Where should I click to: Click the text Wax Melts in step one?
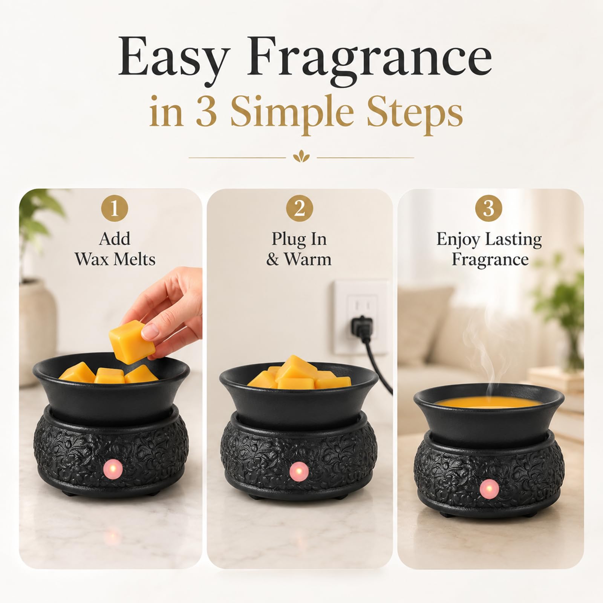coord(115,259)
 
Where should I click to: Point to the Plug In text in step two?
coord(299,239)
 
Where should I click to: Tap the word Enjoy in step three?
coord(459,240)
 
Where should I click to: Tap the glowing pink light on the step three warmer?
coord(489,490)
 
